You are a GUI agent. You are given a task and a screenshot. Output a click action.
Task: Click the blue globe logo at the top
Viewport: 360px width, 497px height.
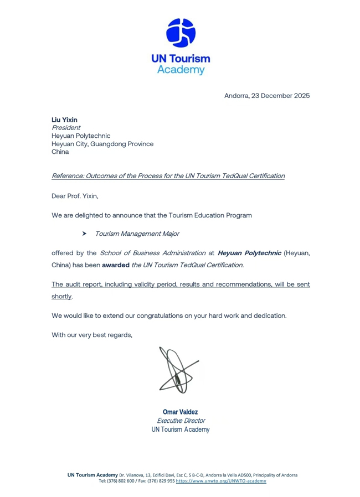click(181, 33)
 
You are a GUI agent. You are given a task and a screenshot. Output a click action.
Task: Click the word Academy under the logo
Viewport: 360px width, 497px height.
click(181, 70)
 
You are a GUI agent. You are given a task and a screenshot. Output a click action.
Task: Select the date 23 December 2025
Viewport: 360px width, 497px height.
click(280, 96)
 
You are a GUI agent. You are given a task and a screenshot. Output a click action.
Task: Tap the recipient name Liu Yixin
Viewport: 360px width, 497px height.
click(64, 120)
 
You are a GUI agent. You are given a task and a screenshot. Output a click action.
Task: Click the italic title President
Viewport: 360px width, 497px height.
click(65, 128)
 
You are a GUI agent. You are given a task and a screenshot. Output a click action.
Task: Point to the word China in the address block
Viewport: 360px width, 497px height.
click(60, 152)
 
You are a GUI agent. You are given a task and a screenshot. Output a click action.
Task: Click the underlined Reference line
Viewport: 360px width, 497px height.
click(168, 176)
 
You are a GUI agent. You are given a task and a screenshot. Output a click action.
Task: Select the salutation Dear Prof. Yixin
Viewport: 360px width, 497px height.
click(75, 196)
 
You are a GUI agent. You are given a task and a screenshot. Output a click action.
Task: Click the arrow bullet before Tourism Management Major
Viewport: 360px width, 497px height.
click(85, 234)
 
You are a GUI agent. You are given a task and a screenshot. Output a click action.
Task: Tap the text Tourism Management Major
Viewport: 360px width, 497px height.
click(137, 234)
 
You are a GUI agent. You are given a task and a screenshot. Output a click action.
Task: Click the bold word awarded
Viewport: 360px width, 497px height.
click(115, 265)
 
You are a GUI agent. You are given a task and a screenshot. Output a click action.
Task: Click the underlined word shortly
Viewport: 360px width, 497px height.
click(61, 297)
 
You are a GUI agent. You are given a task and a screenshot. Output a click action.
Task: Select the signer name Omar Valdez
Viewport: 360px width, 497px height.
click(180, 412)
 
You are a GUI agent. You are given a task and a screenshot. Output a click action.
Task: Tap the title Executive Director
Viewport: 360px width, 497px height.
click(181, 421)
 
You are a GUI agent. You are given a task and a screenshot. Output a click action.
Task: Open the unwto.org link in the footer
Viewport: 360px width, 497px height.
click(221, 481)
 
